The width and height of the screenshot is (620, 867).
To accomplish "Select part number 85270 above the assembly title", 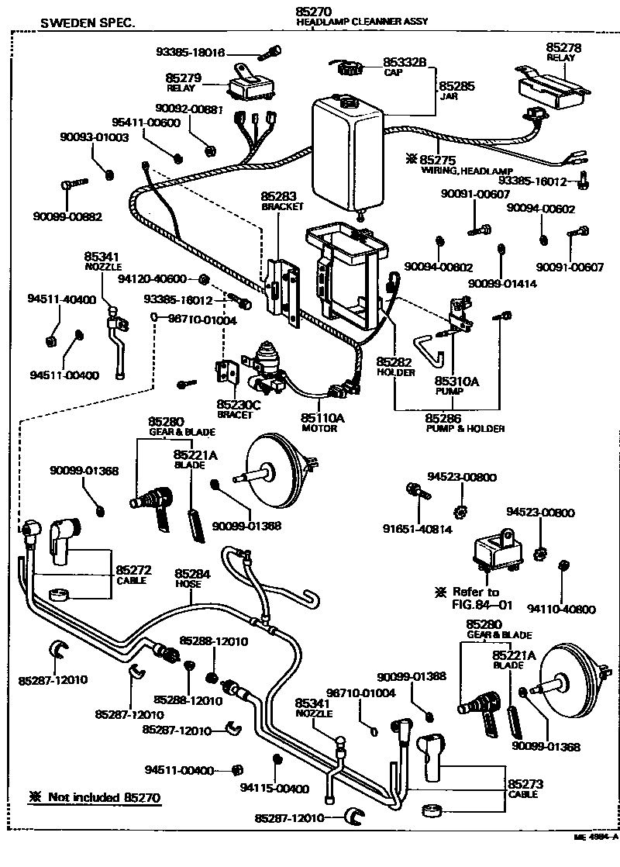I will coord(314,12).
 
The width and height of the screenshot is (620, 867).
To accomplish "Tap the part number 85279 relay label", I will coord(184,78).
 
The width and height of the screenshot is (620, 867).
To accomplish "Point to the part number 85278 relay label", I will coord(563,48).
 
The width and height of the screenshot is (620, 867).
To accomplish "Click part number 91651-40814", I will coord(417,529).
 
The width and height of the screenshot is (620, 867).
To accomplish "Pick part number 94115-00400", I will coord(274,789).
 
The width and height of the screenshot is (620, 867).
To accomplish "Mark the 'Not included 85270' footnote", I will coord(97,796).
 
